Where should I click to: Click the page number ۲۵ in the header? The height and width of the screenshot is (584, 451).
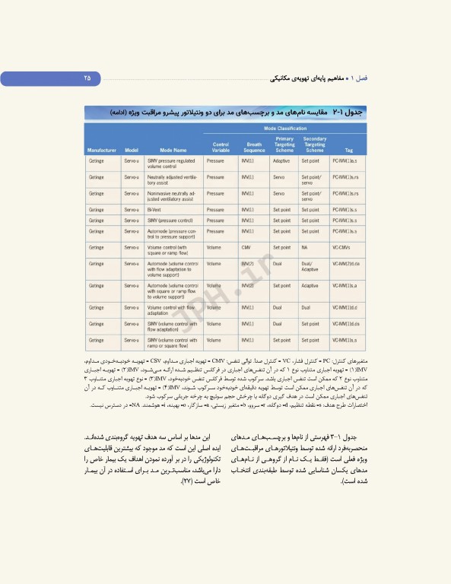coord(87,78)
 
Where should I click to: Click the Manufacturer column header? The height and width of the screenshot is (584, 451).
coord(101,151)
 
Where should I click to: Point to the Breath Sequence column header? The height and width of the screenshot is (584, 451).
coord(254,147)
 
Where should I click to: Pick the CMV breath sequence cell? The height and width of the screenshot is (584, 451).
coord(246,247)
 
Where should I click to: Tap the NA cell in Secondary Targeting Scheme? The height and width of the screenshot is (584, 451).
coord(304,247)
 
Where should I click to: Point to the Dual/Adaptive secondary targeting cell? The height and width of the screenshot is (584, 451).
coord(310,266)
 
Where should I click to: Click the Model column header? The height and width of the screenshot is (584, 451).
coord(131,151)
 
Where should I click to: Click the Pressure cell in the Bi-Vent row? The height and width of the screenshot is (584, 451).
coord(215,209)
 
